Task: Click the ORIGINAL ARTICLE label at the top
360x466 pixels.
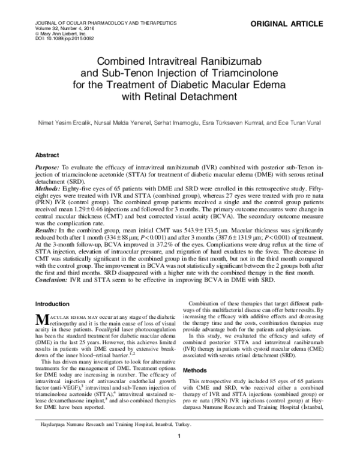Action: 314,24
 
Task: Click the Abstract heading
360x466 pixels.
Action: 47,154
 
